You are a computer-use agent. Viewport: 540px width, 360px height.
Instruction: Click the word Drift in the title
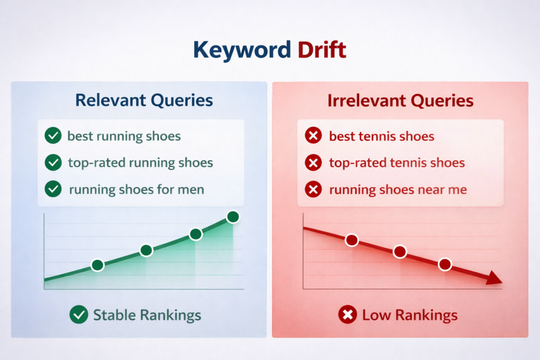(322, 50)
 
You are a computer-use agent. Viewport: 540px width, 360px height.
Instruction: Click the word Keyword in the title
(242, 50)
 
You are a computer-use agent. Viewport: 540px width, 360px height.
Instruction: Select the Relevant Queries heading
(144, 100)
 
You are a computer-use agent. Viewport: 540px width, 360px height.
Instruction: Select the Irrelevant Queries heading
(400, 101)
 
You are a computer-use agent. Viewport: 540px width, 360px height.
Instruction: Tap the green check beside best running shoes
(53, 137)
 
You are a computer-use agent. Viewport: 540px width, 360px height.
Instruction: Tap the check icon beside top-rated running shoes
(53, 163)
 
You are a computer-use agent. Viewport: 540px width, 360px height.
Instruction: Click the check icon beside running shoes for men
(53, 189)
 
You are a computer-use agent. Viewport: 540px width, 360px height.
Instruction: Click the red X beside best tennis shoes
(313, 137)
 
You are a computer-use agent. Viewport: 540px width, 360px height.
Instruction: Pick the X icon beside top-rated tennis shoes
(313, 163)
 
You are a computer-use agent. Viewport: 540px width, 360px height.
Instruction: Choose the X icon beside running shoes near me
(313, 189)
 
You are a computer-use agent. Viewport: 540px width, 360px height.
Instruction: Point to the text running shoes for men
(136, 189)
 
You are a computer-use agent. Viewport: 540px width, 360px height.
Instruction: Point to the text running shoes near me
(398, 189)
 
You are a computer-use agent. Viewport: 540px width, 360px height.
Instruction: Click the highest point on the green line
(233, 217)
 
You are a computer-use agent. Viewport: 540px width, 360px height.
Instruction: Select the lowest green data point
(98, 265)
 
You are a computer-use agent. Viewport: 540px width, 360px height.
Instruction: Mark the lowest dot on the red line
(445, 265)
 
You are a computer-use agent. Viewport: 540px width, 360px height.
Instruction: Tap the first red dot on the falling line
(352, 240)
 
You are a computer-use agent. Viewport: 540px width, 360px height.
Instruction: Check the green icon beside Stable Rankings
(79, 316)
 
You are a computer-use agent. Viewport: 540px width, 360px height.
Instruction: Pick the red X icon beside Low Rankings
(347, 316)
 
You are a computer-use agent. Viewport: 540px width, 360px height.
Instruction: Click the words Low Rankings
(409, 316)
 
